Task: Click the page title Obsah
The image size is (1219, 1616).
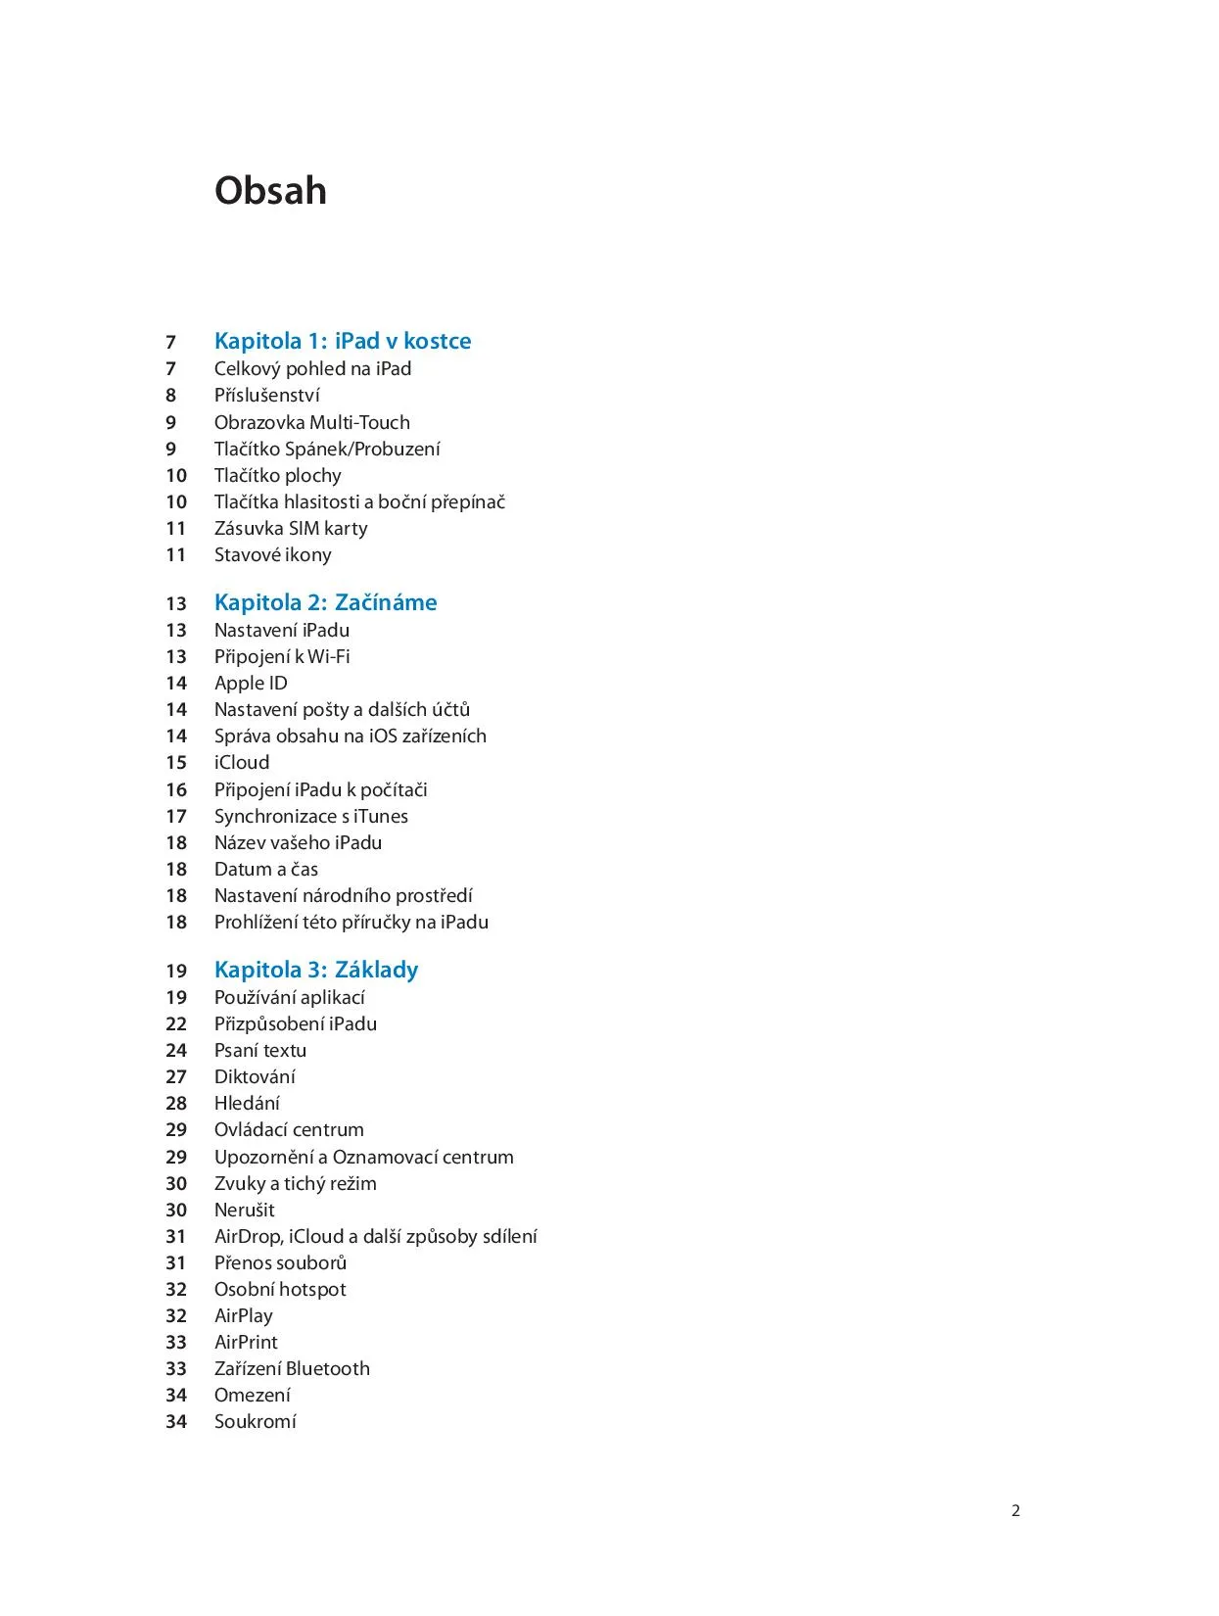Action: tap(270, 191)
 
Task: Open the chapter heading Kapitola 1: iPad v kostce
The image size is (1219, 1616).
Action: tap(343, 341)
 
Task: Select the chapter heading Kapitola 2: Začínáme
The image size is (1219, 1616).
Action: tap(325, 602)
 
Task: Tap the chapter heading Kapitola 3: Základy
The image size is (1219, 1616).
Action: tap(316, 970)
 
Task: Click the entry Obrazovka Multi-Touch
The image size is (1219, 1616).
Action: tap(311, 422)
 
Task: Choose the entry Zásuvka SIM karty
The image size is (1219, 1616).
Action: tap(291, 528)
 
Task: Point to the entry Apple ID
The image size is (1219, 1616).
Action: tap(251, 683)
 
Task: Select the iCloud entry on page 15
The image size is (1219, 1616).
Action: tap(242, 762)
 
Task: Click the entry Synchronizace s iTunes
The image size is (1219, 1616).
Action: tap(310, 816)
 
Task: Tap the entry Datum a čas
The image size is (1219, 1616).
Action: tap(265, 869)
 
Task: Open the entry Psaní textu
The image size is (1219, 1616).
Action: tap(260, 1050)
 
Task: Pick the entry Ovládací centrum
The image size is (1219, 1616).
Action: tap(289, 1129)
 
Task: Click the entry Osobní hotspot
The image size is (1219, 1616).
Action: tap(280, 1289)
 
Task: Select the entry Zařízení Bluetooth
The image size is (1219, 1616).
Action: tap(292, 1368)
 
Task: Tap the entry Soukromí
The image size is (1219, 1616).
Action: tap(255, 1421)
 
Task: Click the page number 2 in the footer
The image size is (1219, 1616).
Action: tap(1015, 1510)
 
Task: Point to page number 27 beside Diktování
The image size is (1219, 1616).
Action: tap(176, 1077)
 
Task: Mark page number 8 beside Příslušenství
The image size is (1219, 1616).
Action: tap(170, 396)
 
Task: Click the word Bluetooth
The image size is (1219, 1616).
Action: tap(327, 1368)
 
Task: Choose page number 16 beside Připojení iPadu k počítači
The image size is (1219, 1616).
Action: tap(176, 790)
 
